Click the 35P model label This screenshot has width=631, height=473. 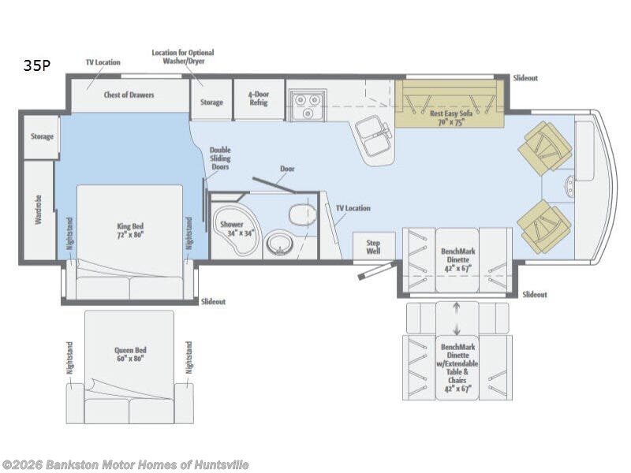point(36,65)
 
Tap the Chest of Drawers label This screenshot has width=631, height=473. point(129,95)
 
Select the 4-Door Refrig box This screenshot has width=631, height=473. point(259,99)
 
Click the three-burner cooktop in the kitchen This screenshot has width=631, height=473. point(308,105)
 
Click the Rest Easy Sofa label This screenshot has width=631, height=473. point(450,117)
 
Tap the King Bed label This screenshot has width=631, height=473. point(130,230)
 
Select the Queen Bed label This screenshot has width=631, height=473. point(130,354)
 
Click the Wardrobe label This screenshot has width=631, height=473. point(39,210)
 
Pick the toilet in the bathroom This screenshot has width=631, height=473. point(302,214)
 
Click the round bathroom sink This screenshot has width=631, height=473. point(279,243)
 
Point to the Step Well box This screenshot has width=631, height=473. point(373,246)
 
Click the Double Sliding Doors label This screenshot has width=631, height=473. point(220,158)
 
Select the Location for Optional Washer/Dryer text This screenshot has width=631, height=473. point(183,57)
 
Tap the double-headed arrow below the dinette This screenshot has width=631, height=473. point(457,318)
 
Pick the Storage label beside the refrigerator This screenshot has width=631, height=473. point(211,102)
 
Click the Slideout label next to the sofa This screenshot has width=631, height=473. point(525,78)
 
